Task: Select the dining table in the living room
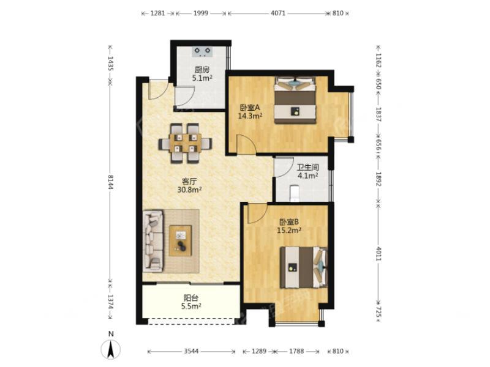tap(186, 144)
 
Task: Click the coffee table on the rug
tap(180, 240)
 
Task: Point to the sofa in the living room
tap(153, 241)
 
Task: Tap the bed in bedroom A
tap(295, 100)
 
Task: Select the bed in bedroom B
tap(304, 267)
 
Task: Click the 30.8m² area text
tap(189, 190)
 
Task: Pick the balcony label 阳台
tap(191, 298)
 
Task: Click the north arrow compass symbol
tap(111, 349)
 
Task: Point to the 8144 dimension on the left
tap(110, 182)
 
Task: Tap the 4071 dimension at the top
tap(278, 13)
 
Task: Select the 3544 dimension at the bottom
tap(191, 351)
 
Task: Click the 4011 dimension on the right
tap(379, 254)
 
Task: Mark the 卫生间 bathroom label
tap(308, 167)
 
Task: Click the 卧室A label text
tap(250, 108)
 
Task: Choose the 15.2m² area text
tap(289, 231)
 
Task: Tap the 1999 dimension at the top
tap(201, 13)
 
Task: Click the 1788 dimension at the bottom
tap(296, 351)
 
